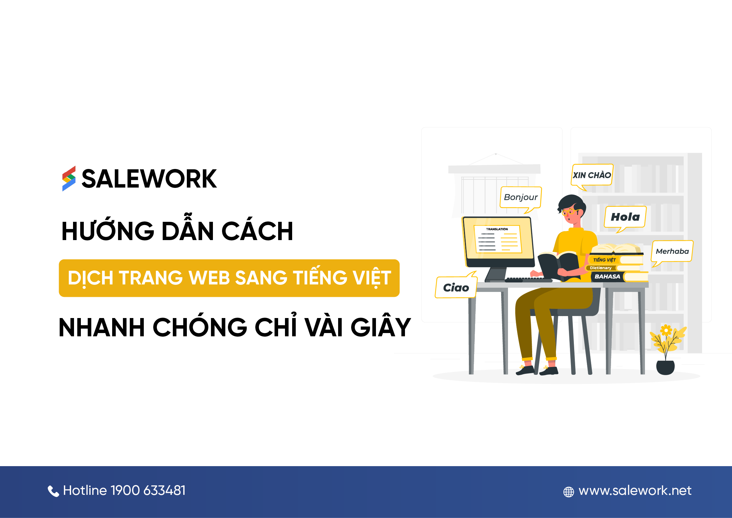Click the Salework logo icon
(x=69, y=178)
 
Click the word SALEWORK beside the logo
(x=149, y=179)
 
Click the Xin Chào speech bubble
(x=592, y=176)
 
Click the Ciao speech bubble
(x=456, y=286)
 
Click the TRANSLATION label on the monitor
(x=497, y=229)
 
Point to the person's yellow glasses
(x=568, y=212)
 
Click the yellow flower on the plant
(x=666, y=330)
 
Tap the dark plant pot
(x=665, y=368)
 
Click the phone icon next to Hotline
(x=53, y=491)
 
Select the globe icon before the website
(x=569, y=492)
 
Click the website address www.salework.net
(x=635, y=491)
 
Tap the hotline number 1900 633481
(x=148, y=490)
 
